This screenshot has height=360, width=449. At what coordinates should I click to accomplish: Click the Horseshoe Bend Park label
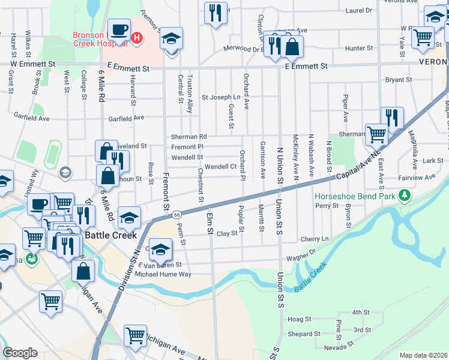(x=357, y=196)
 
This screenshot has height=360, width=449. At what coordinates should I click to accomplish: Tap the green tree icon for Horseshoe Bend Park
(x=405, y=195)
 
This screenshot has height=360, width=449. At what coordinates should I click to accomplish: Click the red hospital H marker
(x=137, y=39)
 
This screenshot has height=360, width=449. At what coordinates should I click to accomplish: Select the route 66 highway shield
(x=176, y=214)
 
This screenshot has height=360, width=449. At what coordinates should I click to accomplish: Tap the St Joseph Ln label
(x=220, y=97)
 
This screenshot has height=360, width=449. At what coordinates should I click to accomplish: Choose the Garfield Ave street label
(x=126, y=118)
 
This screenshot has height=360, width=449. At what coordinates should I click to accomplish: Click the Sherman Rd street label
(x=188, y=137)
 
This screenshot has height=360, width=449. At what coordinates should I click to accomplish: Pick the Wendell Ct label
(x=221, y=166)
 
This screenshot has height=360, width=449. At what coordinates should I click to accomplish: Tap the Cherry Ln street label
(x=315, y=238)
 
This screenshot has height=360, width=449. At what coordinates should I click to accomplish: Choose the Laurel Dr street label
(x=359, y=10)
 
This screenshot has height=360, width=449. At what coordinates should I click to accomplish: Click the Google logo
(x=21, y=353)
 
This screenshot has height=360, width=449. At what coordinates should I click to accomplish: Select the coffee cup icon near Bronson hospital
(x=118, y=29)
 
